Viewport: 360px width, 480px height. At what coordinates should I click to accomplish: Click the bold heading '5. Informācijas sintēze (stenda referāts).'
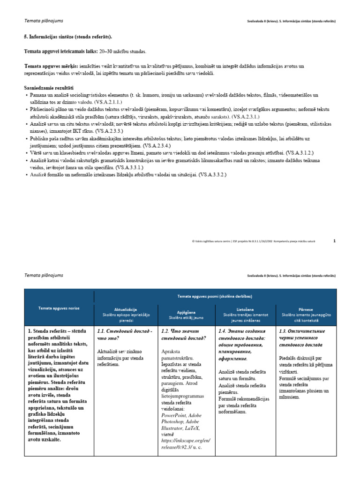(x=68, y=37)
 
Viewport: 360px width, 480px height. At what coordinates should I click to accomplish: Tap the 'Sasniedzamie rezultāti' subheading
(x=48, y=88)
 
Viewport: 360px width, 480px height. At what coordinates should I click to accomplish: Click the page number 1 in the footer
(x=334, y=241)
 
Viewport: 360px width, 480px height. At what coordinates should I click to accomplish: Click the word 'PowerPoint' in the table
(x=173, y=415)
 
